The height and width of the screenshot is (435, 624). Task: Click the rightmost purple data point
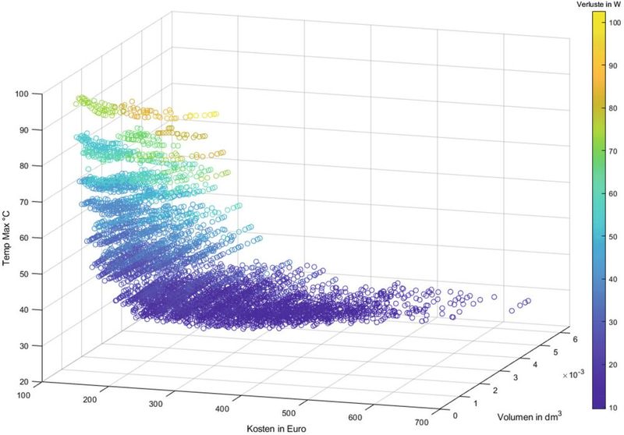528,301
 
